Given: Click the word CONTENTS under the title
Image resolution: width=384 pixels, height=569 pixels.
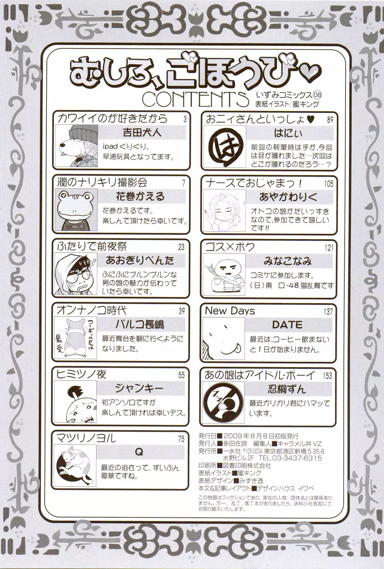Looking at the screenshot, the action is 195,100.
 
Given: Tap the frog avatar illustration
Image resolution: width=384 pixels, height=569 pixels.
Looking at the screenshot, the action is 76,210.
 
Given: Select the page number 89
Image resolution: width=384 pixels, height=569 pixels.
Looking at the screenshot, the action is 330,119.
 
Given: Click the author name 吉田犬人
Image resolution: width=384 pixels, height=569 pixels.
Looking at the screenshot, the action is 142,132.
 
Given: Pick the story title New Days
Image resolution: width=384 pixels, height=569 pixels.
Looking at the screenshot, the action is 230,311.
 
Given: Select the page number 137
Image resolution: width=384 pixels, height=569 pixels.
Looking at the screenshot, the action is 328,312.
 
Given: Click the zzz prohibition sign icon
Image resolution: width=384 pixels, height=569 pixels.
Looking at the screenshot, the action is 224,402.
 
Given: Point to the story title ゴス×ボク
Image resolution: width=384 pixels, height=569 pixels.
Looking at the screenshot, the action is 230,247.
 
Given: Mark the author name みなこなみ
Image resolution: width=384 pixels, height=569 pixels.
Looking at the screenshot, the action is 287,261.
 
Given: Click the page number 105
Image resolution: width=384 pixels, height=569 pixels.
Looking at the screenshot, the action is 329,184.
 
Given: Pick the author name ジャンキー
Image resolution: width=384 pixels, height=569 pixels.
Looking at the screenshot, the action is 139,388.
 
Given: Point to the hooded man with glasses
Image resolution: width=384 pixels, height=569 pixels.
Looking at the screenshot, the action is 76,274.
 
